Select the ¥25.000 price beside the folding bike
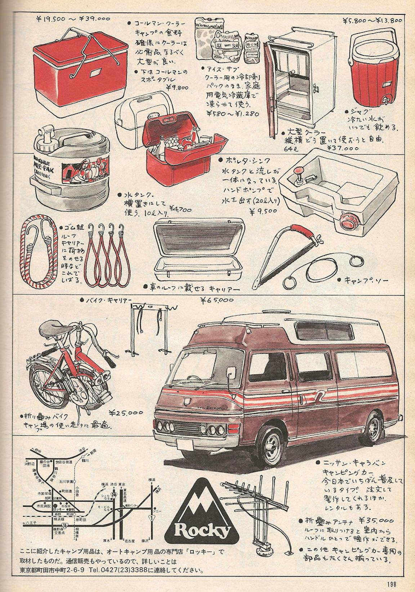click(x=126, y=413)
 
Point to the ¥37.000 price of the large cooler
click(x=343, y=148)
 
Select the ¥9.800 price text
click(x=178, y=88)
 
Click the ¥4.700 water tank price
click(x=180, y=209)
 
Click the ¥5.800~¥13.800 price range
click(x=372, y=21)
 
